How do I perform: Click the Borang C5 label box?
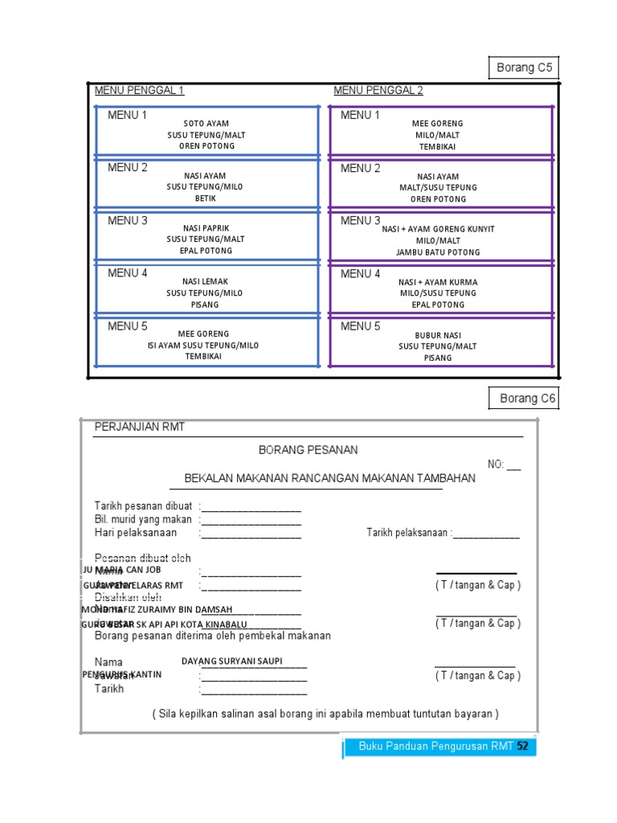click(524, 68)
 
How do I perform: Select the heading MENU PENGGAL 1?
click(140, 90)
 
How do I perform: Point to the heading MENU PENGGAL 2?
click(378, 90)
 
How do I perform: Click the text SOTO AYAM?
click(206, 124)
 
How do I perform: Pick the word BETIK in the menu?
click(206, 199)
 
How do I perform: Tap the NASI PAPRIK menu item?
click(206, 228)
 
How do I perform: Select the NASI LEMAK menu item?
click(206, 281)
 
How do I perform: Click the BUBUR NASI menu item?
click(438, 335)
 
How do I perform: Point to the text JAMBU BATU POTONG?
click(438, 252)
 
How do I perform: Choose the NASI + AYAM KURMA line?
click(438, 282)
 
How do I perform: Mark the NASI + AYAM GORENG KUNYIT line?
click(438, 229)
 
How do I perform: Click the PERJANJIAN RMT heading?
click(140, 427)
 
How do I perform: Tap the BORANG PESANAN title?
click(308, 450)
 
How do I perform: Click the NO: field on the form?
click(504, 465)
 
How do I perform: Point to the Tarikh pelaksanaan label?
click(409, 533)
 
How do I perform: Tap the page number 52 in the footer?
click(523, 746)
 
